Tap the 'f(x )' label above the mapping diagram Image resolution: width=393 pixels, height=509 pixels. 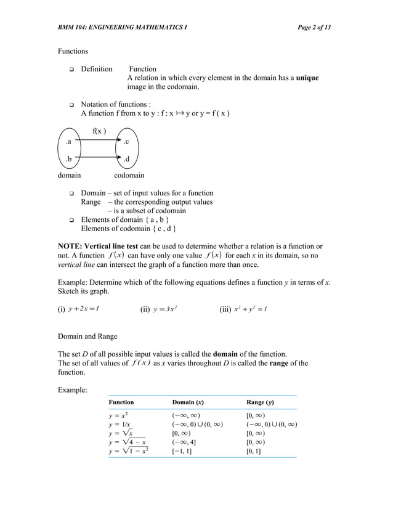pos(100,131)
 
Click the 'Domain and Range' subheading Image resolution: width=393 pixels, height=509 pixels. pos(87,336)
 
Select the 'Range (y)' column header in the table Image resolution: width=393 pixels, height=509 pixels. pos(260,402)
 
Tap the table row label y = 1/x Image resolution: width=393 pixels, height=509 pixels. pos(120,424)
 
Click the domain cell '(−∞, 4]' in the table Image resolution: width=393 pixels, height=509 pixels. pos(185,442)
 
